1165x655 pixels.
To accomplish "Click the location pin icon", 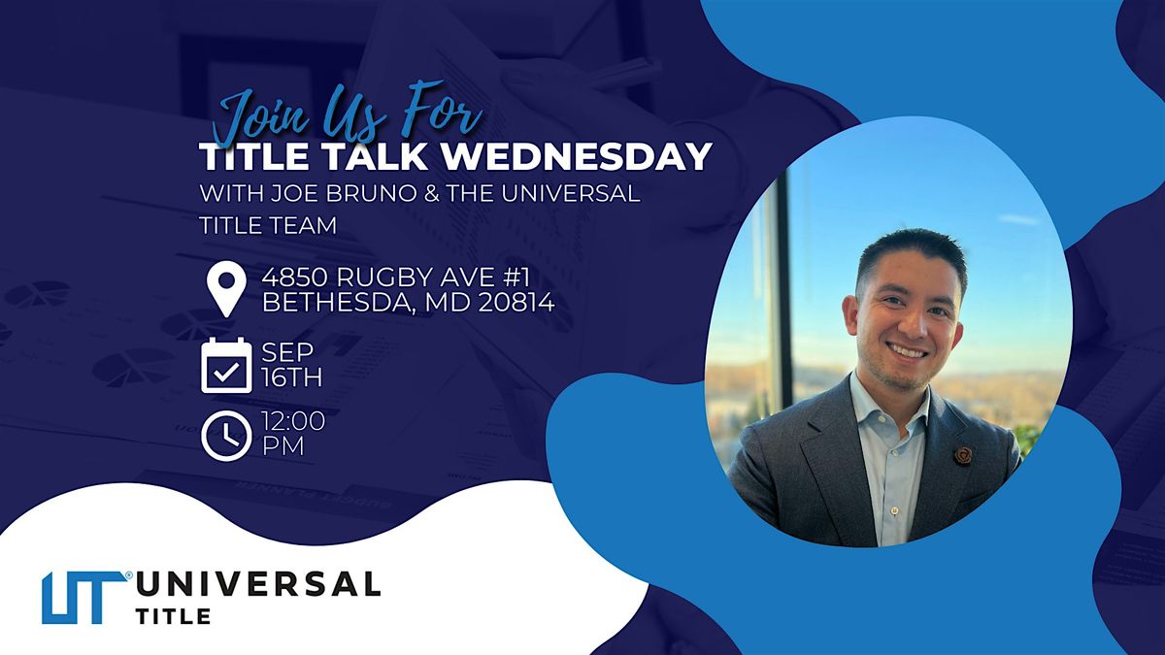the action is coord(226,288).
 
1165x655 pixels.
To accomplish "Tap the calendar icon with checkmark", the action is coord(226,365).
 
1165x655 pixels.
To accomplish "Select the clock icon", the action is coord(226,436).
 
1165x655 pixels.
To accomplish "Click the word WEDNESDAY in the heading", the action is coord(577,156).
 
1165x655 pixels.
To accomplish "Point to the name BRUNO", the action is coord(369,193).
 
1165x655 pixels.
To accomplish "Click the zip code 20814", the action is coord(516,303).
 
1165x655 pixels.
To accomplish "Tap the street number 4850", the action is coord(295,278).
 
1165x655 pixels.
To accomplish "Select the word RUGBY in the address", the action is coord(384,278).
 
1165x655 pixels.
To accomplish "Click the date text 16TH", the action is coord(292,377).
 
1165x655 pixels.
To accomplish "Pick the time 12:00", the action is coord(293,421).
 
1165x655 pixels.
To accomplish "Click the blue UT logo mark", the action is coord(85,598).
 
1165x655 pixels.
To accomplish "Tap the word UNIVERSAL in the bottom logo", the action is coord(258,584).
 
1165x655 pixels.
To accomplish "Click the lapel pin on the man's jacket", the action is coord(963,455).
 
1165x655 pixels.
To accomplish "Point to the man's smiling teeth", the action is coord(908,352).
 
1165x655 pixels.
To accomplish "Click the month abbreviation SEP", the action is coord(287,352).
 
